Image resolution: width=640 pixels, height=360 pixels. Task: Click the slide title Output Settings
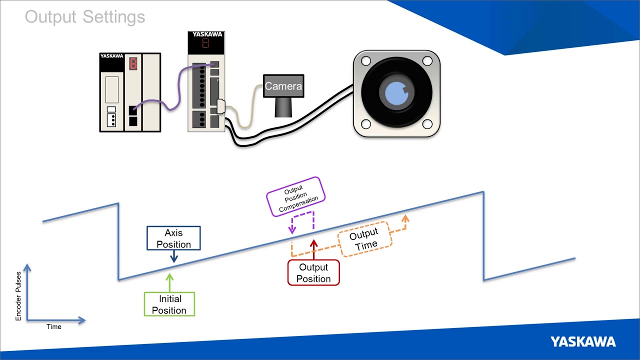point(85,17)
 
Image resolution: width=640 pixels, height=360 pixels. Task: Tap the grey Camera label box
point(283,86)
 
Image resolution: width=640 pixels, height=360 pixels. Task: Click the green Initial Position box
point(169,304)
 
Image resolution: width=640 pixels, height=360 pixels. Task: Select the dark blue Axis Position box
point(173,238)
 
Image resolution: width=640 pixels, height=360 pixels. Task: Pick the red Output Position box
point(313,273)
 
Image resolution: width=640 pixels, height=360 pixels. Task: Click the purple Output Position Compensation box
point(296,196)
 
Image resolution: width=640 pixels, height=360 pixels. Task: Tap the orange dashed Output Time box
point(364,239)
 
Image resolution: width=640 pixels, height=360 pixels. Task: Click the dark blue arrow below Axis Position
point(173,256)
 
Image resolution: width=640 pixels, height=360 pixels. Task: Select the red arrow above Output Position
point(313,249)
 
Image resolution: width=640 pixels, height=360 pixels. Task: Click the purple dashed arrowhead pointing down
point(292,230)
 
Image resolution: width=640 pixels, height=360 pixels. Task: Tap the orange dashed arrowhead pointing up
point(405,219)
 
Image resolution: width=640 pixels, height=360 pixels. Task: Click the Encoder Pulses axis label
point(18,296)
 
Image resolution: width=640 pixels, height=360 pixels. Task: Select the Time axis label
point(54,326)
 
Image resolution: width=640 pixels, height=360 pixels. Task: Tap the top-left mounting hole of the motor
point(366,61)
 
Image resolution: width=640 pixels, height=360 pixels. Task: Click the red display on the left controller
point(133,63)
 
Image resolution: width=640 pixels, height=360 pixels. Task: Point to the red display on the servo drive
point(205,43)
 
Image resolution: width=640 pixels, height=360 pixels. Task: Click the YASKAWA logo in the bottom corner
point(583,342)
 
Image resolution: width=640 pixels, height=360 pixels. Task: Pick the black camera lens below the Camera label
point(283,106)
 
